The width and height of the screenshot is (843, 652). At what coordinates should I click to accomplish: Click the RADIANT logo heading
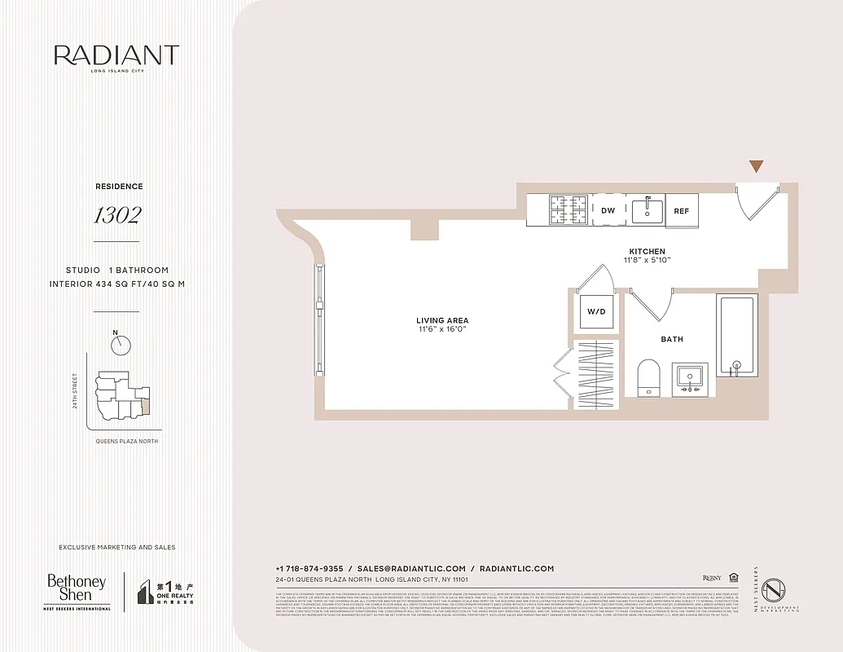coord(116,55)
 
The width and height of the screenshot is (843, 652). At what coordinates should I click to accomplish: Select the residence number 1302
coord(116,215)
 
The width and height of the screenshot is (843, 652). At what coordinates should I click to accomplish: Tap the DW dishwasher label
coord(608,210)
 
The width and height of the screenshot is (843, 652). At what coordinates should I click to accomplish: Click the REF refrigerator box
coord(681,210)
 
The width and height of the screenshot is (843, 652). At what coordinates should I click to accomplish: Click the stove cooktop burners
coord(568,210)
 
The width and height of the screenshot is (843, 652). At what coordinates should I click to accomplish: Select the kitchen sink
coord(648,209)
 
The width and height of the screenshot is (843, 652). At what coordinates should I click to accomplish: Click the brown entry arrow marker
coord(757,166)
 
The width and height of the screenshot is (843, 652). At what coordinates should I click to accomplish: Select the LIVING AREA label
coord(442,320)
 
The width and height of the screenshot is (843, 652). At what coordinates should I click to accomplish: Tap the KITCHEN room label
coord(647,251)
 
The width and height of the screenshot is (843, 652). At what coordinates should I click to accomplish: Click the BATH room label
coord(672,339)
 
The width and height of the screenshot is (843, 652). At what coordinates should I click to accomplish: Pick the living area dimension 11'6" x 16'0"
coord(442,330)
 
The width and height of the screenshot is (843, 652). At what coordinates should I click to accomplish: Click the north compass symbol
coord(121,345)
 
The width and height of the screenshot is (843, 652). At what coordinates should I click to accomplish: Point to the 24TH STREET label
coord(74,391)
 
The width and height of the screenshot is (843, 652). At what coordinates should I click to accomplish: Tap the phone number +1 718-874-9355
coord(310,568)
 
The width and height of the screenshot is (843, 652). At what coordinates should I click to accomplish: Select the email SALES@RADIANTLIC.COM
coord(411,568)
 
